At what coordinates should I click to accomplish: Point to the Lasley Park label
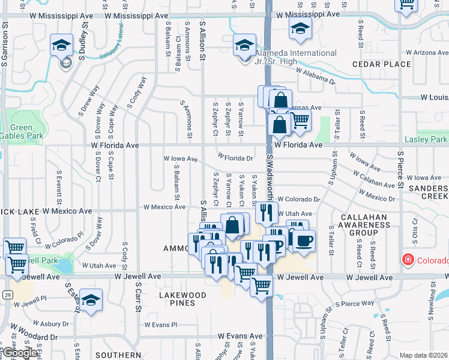point(426,140)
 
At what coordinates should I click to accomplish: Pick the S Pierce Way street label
point(358,304)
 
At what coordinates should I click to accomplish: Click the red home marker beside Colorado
point(408,260)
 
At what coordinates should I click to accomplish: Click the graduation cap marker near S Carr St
point(91,299)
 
